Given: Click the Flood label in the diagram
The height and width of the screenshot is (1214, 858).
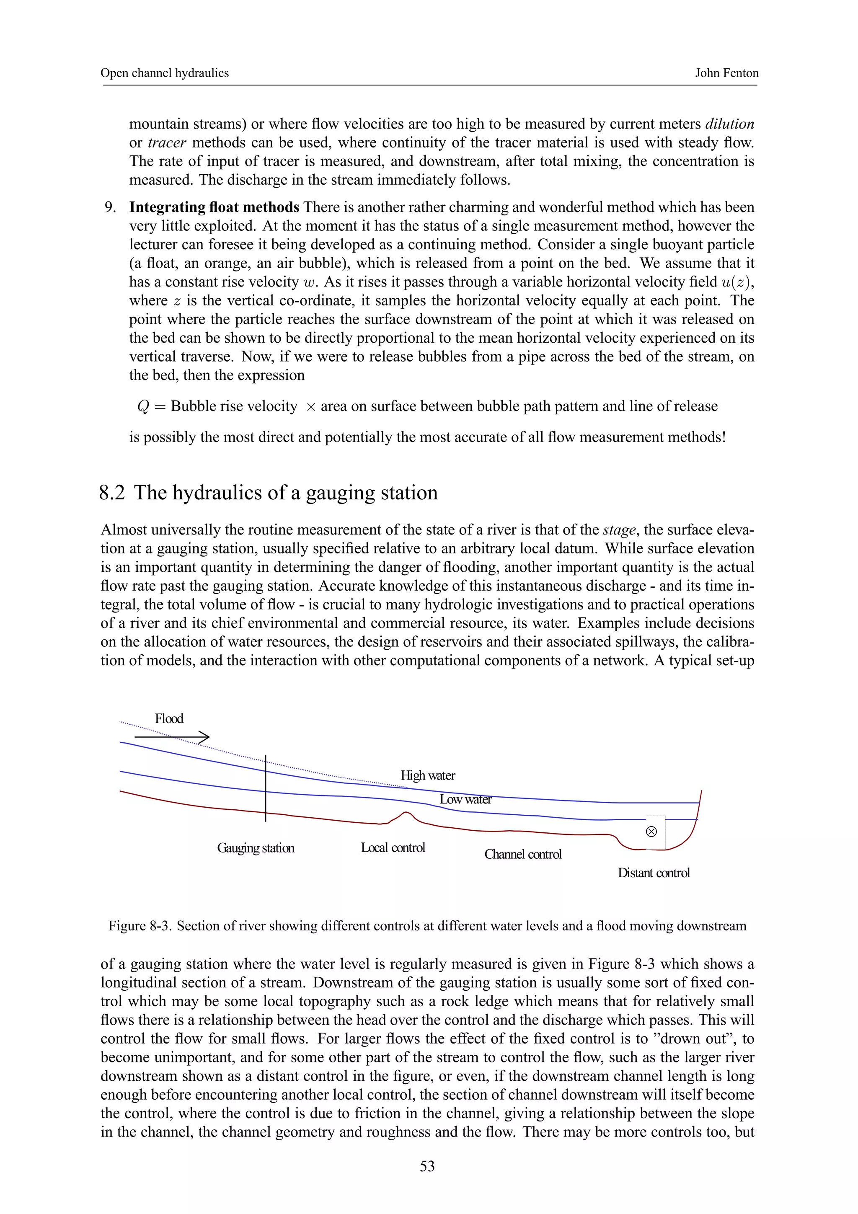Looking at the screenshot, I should click(169, 718).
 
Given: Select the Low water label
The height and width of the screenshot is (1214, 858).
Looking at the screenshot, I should click(465, 799).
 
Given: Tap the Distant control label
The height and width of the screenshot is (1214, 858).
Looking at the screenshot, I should click(654, 873).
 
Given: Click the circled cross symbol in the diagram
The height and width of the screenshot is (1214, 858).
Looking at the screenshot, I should click(651, 832).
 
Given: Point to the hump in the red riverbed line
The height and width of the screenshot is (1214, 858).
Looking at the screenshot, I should click(406, 813).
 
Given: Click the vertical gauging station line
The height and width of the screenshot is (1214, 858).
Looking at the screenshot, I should click(265, 788).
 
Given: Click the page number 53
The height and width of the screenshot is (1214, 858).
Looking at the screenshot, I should click(427, 1166).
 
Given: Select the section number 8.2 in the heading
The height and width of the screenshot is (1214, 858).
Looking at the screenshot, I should click(112, 492).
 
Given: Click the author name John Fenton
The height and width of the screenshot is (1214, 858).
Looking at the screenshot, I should click(726, 73).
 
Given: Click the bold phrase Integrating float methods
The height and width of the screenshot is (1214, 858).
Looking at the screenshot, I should click(214, 207).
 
